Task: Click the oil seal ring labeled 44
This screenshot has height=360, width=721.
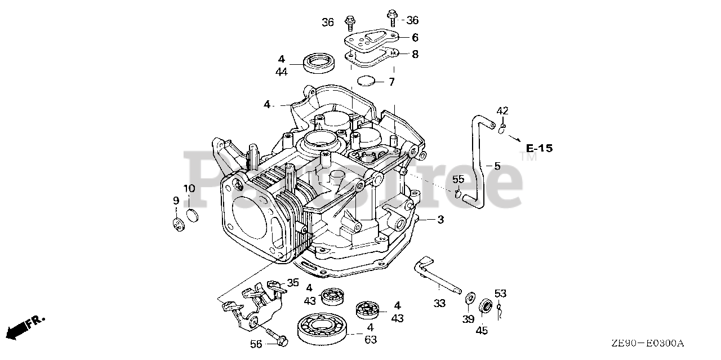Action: pos(318,62)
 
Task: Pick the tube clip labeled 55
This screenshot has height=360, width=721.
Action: pos(459,194)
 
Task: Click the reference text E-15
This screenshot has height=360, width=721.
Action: pos(539,149)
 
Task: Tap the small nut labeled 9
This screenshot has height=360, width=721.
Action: pos(179,224)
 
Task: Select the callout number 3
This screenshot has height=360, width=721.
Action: pos(440,220)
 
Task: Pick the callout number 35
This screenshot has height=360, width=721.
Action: pos(293,283)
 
